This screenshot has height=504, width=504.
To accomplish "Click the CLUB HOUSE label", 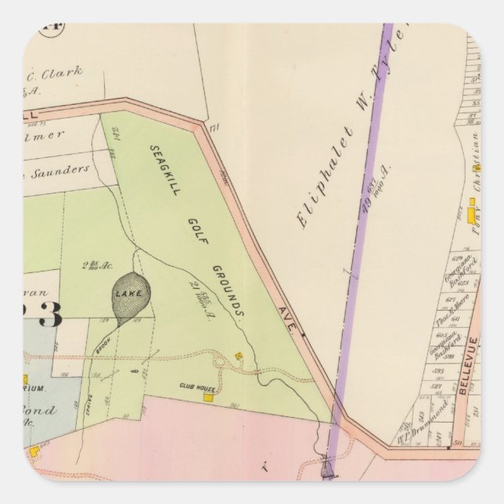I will (x=196, y=387).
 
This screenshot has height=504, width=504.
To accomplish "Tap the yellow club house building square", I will (x=208, y=398).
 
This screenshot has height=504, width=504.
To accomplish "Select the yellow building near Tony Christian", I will (x=471, y=212).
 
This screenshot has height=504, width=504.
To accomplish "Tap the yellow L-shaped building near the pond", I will (x=36, y=452).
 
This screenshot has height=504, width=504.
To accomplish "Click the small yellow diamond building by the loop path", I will (x=238, y=356).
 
